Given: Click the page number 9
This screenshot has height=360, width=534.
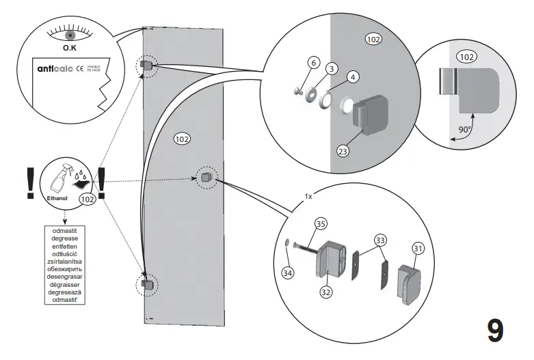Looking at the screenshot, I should coord(496,330).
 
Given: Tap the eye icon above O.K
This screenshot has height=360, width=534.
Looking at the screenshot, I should coord(69,33).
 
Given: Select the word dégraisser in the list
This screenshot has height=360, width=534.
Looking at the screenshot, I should coord(64,286).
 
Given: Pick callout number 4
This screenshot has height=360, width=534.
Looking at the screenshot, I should coord(352,77).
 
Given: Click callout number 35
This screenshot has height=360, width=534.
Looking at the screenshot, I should coord(320,223).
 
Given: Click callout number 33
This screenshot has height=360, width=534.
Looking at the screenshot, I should coord(380,240).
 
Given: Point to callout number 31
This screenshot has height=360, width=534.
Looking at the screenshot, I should coord(417,249).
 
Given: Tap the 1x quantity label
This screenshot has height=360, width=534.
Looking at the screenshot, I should coord(308,196).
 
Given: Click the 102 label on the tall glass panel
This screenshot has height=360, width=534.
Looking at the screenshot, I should coord(182,139).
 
